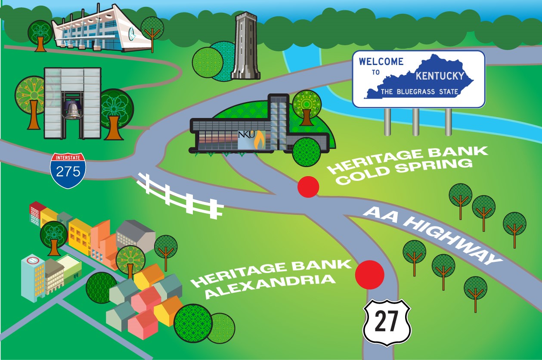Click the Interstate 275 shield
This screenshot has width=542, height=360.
(68, 170)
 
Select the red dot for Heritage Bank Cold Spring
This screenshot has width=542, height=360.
(308, 187)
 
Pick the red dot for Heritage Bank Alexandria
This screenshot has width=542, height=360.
(369, 274)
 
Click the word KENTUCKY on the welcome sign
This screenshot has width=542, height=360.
(440, 76)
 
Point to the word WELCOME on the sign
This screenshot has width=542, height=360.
(381, 61)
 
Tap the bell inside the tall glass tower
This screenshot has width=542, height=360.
(73, 111)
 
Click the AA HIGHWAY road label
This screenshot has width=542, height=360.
(433, 235)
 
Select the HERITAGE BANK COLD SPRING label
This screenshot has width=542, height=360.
(407, 165)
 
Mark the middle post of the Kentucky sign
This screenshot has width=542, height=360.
(416, 122)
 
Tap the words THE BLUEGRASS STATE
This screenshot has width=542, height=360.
(419, 92)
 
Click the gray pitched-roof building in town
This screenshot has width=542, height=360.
(136, 235)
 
